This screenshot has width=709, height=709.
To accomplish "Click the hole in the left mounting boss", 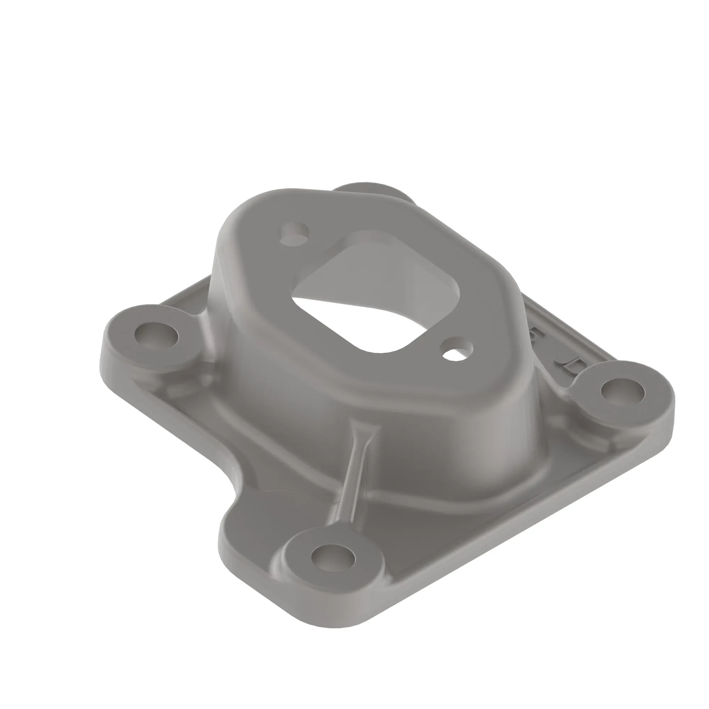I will tap(156, 335).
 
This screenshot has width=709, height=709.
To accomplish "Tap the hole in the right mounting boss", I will tap(623, 391).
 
